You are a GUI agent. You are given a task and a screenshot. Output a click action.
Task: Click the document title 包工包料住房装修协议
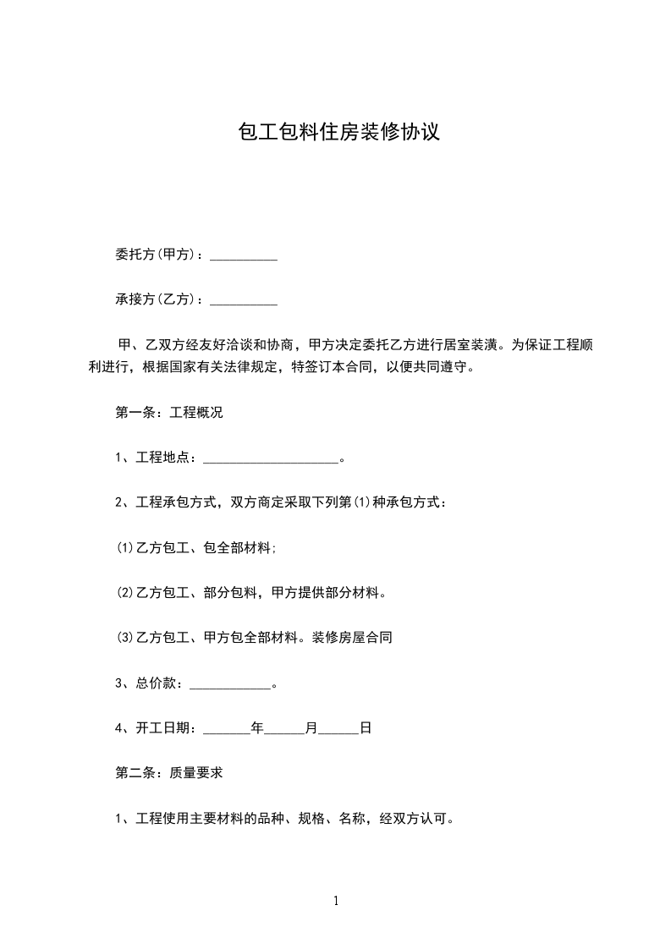point(339,133)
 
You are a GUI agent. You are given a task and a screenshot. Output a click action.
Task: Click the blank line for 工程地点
point(270,461)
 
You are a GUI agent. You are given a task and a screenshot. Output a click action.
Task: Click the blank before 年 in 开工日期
point(227,730)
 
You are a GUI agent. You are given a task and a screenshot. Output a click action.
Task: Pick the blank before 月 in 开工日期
point(285,730)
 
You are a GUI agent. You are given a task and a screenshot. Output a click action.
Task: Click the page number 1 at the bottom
point(336,902)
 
